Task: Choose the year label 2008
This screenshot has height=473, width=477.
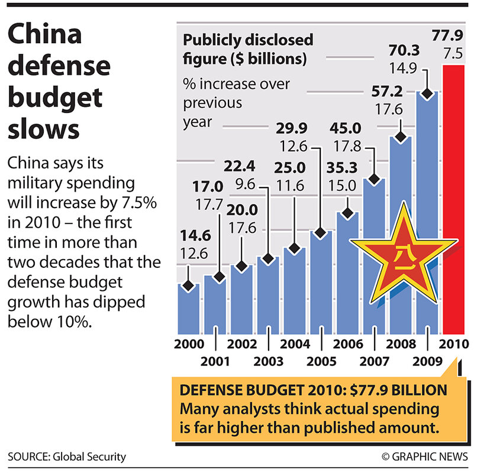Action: coord(401,344)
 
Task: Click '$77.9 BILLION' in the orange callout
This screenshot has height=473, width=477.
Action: coord(386,393)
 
